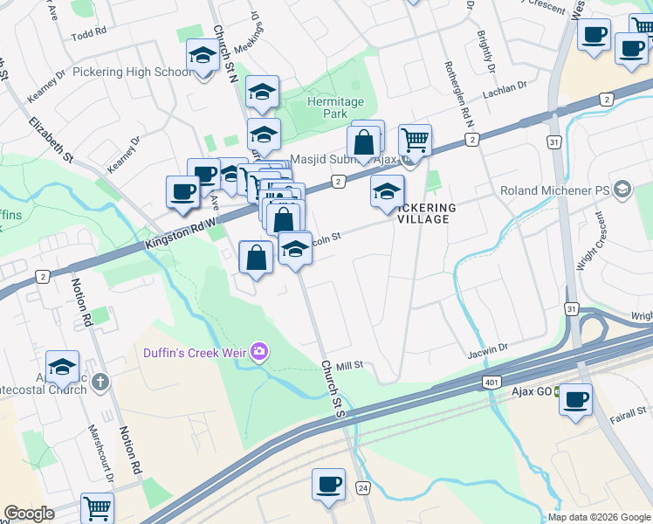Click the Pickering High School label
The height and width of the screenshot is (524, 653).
coord(133,72)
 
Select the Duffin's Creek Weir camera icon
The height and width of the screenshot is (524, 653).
coord(259,352)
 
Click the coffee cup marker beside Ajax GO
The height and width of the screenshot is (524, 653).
coord(575,400)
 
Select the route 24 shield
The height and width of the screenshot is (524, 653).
coord(363,487)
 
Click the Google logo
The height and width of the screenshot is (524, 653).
coord(29,514)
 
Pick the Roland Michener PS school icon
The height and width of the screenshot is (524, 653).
coord(622,190)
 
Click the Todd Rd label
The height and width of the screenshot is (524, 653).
coord(89,31)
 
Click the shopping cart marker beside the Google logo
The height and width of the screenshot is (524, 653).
coord(97,507)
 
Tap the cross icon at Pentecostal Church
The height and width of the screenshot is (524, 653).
coord(101,381)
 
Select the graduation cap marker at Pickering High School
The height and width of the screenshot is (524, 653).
coord(203,57)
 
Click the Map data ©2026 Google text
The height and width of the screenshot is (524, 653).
coord(600,517)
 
